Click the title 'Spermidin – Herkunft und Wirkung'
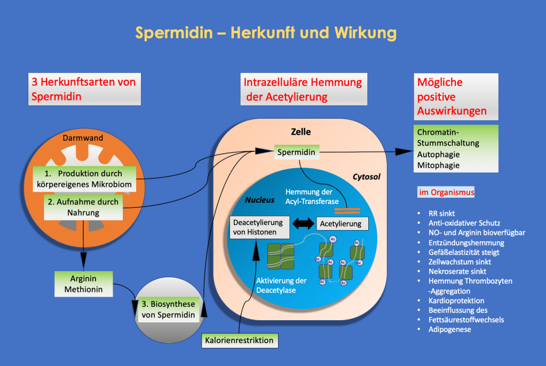(x=265, y=33)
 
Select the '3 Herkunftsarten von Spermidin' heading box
(x=84, y=89)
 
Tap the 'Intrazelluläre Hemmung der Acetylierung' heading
(x=303, y=89)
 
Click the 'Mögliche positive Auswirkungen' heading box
(x=456, y=96)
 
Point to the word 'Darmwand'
(x=86, y=138)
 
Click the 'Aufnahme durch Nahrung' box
(x=83, y=207)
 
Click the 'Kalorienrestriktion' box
(x=240, y=340)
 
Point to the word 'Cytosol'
(x=366, y=176)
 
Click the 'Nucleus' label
(x=259, y=200)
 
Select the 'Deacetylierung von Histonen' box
(x=259, y=227)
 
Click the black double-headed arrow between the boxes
(x=303, y=224)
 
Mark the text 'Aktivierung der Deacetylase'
(x=281, y=286)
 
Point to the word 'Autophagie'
(x=439, y=154)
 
